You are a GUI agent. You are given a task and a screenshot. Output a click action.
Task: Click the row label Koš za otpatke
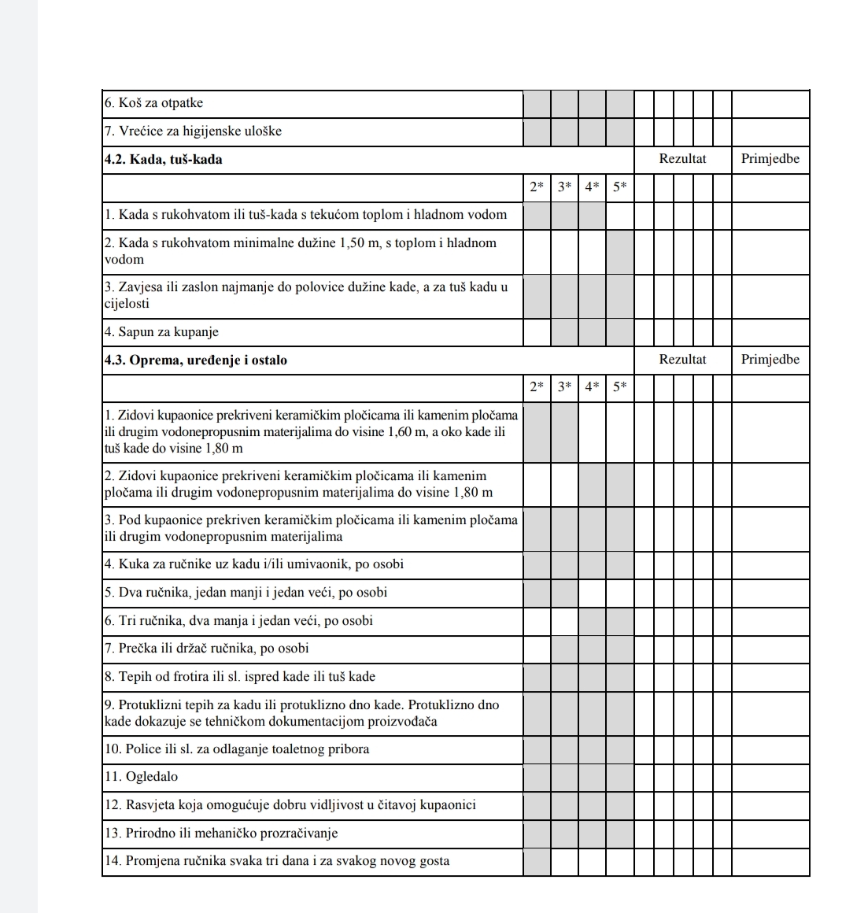(x=153, y=103)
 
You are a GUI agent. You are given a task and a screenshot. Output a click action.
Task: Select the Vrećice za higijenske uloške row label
(x=193, y=131)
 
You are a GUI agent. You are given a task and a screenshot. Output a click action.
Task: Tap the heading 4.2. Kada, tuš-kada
(x=164, y=159)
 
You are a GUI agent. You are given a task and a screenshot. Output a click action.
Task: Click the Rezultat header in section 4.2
(x=682, y=159)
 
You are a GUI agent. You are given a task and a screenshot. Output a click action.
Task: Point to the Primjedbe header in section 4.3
(x=770, y=360)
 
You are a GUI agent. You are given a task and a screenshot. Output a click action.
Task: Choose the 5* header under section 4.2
(x=619, y=187)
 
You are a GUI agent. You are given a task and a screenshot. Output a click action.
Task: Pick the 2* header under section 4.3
(x=537, y=387)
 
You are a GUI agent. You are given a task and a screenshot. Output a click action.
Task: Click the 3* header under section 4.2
(x=564, y=187)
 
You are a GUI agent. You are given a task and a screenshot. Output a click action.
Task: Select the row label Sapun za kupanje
(x=161, y=331)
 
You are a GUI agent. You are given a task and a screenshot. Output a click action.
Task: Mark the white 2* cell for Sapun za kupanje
(x=537, y=331)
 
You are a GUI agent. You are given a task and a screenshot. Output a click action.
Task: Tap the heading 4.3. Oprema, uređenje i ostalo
(x=196, y=360)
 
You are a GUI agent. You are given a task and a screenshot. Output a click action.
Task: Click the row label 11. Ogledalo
(x=142, y=777)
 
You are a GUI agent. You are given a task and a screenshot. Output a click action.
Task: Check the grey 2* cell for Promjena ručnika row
(x=537, y=860)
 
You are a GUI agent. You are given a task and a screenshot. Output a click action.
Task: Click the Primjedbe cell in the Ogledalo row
(x=770, y=777)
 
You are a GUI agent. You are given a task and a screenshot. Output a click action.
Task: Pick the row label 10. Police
(x=236, y=749)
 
